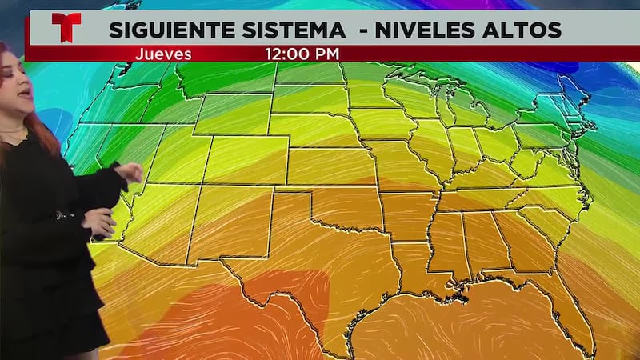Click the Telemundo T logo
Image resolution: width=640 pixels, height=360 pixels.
pyautogui.click(x=66, y=29)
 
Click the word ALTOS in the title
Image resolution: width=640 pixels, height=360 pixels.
pyautogui.click(x=524, y=30)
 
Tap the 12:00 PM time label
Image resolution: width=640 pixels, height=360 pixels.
pyautogui.click(x=302, y=54)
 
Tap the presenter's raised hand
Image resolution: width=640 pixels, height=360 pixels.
pyautogui.click(x=128, y=172)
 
